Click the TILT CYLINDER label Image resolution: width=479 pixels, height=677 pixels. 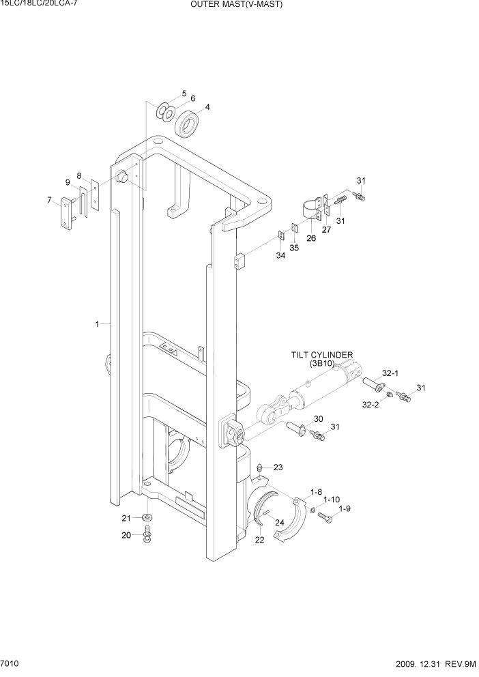coord(321,355)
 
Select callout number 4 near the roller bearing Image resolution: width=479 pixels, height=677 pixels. coord(207,106)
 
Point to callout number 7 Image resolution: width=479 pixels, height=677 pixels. coord(49,200)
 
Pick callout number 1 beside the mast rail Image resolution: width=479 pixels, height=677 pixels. coord(98,324)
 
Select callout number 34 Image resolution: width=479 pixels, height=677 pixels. coord(280,256)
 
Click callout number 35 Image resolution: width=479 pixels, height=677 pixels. coord(295,248)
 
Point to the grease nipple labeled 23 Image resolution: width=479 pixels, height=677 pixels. coord(261,467)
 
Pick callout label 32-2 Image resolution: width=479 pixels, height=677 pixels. coord(371,405)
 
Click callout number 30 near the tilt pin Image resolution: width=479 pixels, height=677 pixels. coord(318,419)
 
